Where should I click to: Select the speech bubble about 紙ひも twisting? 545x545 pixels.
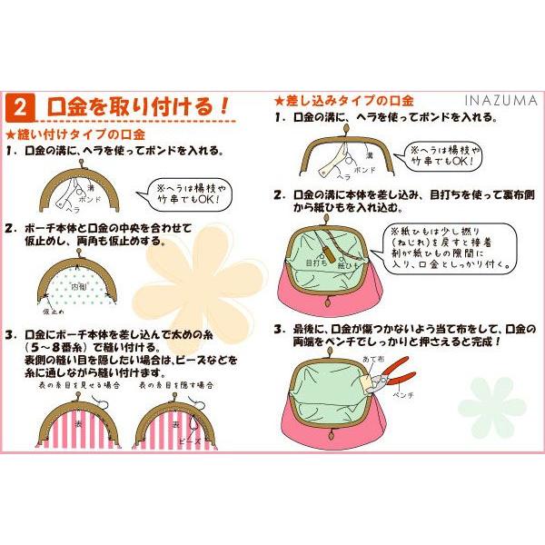tap(445, 249)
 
